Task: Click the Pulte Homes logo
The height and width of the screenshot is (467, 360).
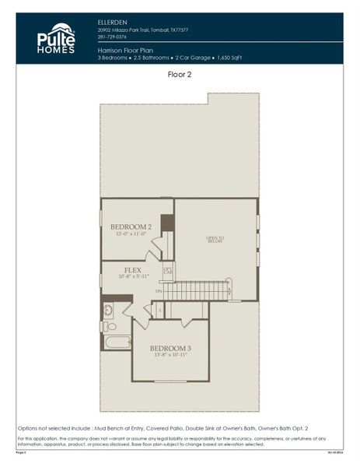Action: click(x=56, y=38)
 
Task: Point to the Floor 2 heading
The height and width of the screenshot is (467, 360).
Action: click(x=180, y=75)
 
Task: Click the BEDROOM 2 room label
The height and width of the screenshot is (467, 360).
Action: click(x=130, y=226)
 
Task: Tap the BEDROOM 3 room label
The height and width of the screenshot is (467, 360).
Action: click(x=170, y=348)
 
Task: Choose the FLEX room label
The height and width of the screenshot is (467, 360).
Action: click(x=132, y=270)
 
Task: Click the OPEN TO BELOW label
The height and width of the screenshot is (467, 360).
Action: click(x=215, y=240)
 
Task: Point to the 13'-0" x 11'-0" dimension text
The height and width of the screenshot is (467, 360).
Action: click(x=130, y=233)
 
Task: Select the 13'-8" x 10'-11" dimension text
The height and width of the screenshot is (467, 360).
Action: click(x=170, y=355)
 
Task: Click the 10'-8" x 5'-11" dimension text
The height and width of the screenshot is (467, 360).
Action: click(x=132, y=277)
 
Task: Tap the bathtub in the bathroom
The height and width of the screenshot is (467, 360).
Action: click(x=117, y=341)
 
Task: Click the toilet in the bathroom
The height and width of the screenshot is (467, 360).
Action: click(x=110, y=325)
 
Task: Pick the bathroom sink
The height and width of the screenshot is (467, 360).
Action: click(x=108, y=310)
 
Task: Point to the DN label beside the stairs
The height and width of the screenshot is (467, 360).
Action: click(x=159, y=291)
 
